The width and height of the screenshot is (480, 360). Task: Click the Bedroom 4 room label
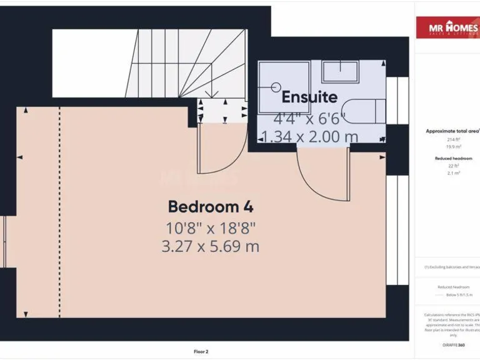point(210,206)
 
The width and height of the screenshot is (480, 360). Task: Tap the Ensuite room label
point(309,97)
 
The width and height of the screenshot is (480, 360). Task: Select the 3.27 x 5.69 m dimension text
point(210,246)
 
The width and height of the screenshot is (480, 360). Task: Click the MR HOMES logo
point(447,27)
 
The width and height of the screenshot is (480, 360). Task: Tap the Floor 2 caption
point(201,351)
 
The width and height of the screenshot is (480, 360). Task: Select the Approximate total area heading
point(452,131)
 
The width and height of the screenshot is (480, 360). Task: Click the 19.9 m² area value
point(453,147)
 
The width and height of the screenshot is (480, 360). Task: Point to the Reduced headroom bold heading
point(453,159)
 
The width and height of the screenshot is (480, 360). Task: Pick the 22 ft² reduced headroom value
point(453,166)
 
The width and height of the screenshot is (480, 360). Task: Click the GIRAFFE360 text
point(453,345)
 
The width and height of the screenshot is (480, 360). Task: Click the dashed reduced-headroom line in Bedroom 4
point(60,212)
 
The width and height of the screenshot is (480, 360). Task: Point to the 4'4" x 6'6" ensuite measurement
point(309,117)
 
